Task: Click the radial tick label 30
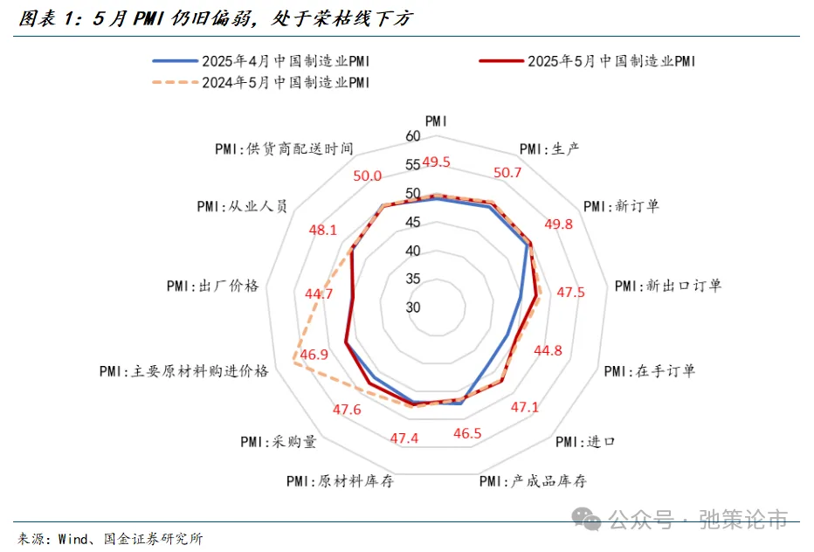pyautogui.click(x=413, y=307)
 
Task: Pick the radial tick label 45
pyautogui.click(x=413, y=223)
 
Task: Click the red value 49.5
pyautogui.click(x=436, y=162)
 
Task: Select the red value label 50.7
pyautogui.click(x=507, y=172)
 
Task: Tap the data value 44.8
pyautogui.click(x=548, y=350)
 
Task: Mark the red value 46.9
pyautogui.click(x=314, y=355)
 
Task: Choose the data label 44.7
pyautogui.click(x=319, y=293)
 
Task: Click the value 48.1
pyautogui.click(x=322, y=231)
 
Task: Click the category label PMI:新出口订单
pyautogui.click(x=668, y=286)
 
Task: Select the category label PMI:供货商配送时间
pyautogui.click(x=284, y=148)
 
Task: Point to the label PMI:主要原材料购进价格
pyautogui.click(x=183, y=370)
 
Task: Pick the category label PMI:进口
pyautogui.click(x=584, y=441)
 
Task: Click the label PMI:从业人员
pyautogui.click(x=242, y=207)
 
